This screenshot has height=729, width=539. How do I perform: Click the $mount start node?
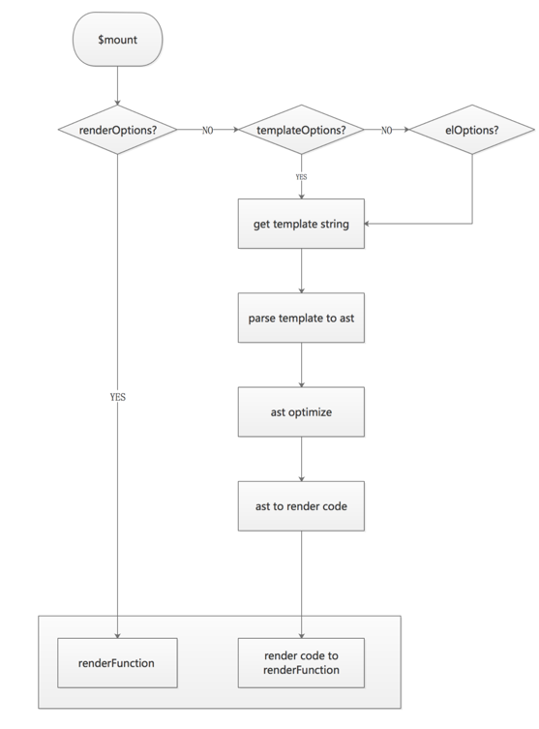coord(117,40)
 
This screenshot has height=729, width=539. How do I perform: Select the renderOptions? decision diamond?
coord(117,129)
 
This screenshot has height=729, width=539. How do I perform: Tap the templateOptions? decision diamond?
coord(301,129)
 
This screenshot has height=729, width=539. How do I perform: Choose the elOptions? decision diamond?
coord(472,129)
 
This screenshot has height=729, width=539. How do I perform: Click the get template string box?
coord(301,225)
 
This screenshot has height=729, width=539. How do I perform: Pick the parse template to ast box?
coord(301,319)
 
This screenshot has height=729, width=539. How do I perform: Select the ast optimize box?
coord(301,411)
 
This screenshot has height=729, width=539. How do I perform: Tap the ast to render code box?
coord(301,505)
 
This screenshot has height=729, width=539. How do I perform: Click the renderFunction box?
coord(117,664)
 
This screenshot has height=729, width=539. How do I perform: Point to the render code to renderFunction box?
coord(301,664)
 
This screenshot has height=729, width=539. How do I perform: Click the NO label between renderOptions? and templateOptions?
coord(208,129)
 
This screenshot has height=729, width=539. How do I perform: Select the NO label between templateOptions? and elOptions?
coord(387,129)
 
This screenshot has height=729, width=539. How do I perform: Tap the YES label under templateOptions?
coord(301,177)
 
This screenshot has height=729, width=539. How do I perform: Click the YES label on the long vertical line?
coord(117,397)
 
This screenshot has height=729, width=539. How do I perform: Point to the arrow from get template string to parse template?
coord(301,271)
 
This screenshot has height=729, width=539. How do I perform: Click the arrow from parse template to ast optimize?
coord(301,365)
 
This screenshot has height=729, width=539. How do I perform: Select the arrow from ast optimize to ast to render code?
coord(301,459)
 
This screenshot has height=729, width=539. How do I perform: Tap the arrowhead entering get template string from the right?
coord(370,225)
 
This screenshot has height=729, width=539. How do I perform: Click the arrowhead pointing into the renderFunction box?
coord(117,634)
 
